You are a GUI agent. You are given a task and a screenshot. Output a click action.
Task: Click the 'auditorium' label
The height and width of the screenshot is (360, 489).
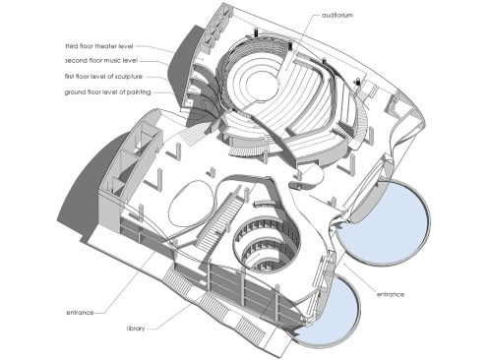coord(337,16)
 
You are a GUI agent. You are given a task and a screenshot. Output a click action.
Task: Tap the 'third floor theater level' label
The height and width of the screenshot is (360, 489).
coord(99,46)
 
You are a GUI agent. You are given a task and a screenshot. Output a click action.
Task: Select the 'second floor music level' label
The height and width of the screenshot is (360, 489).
coord(101,61)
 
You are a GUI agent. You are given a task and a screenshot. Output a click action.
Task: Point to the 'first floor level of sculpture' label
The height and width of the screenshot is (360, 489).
coord(103,77)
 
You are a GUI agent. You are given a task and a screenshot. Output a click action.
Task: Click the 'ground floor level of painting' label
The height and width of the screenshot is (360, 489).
coord(107,92)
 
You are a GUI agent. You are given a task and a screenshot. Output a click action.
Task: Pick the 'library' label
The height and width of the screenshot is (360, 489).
coord(136,329)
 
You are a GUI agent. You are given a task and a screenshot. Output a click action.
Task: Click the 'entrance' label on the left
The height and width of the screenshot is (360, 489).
coord(80,313)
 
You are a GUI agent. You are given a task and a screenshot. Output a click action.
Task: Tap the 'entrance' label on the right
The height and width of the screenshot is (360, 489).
coord(391,294)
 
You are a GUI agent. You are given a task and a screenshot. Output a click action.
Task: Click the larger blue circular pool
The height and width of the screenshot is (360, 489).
coord(383,222)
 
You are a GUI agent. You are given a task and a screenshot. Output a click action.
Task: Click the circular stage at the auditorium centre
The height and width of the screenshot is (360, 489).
coord(260,82)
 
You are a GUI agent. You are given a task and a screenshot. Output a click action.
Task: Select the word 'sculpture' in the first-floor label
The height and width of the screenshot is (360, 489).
coord(129,77)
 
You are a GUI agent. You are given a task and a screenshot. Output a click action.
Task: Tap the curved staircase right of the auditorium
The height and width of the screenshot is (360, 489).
coord(361,120)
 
